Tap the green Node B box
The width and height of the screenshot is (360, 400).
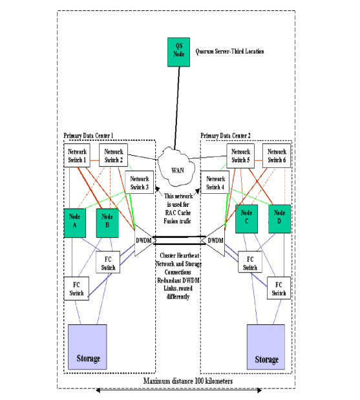pos(107,222)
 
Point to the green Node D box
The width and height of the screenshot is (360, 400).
pos(280,218)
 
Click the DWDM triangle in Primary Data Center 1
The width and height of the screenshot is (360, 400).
pos(143,241)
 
